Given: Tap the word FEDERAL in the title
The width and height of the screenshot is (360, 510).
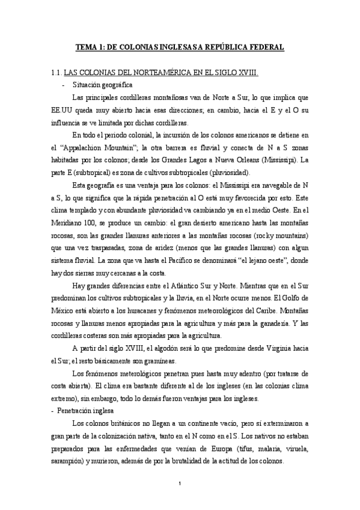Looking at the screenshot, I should (267, 46).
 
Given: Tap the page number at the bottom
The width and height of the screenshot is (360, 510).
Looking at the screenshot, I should (180, 484).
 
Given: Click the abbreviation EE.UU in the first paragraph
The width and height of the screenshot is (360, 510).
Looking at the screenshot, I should (63, 110).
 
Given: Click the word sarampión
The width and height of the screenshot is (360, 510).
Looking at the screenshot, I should (70, 461).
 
